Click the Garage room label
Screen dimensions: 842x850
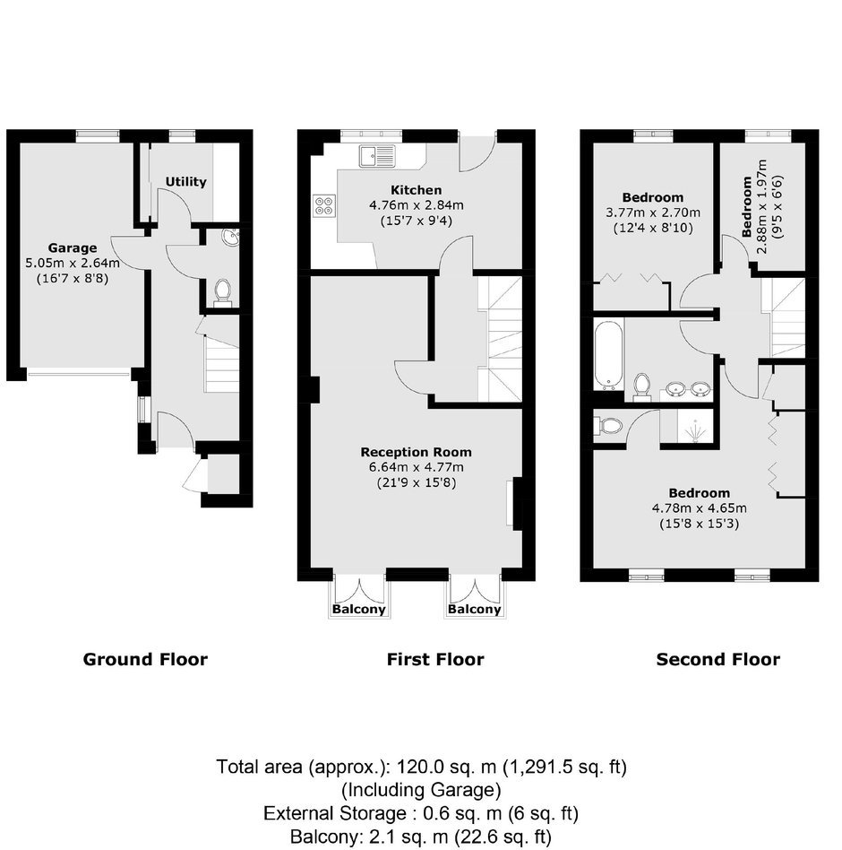[x=73, y=247]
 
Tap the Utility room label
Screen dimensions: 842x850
[x=185, y=182]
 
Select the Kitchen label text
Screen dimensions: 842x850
[x=417, y=190]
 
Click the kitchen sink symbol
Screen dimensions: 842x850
[x=377, y=156]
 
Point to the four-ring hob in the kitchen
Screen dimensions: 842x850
[x=323, y=205]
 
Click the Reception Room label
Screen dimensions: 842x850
[x=416, y=452]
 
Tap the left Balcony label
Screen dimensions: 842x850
[x=358, y=609]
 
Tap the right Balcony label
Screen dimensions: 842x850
[x=475, y=609]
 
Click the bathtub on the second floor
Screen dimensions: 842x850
[x=608, y=354]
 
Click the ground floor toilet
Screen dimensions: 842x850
[x=222, y=291]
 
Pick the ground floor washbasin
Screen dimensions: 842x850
[x=230, y=238]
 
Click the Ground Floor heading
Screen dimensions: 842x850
[x=145, y=659]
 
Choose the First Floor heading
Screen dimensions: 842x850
[x=435, y=659]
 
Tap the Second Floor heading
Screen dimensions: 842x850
[x=718, y=659]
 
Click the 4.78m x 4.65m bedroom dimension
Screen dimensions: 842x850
[x=699, y=508]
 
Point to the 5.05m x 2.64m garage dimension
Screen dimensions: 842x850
[x=73, y=264]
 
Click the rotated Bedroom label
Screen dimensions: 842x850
[x=747, y=206]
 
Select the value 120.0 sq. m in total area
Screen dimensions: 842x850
[x=447, y=767]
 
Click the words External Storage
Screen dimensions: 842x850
[x=335, y=813]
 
